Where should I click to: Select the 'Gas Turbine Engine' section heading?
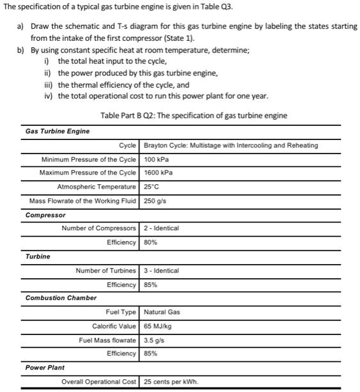(58, 131)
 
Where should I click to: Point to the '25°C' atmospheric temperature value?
(153, 187)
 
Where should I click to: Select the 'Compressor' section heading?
(45, 216)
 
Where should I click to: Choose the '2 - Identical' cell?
(162, 228)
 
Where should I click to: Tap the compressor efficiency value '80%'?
(152, 242)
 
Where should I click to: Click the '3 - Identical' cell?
(162, 270)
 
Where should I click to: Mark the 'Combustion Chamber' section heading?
(61, 297)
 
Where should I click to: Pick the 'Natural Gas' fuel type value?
(162, 312)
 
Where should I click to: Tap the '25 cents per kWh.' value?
(171, 382)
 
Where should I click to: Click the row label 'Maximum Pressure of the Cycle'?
(88, 173)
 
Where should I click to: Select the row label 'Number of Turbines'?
(106, 270)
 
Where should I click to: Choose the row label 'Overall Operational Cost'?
(98, 382)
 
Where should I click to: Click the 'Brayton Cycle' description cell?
(231, 145)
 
